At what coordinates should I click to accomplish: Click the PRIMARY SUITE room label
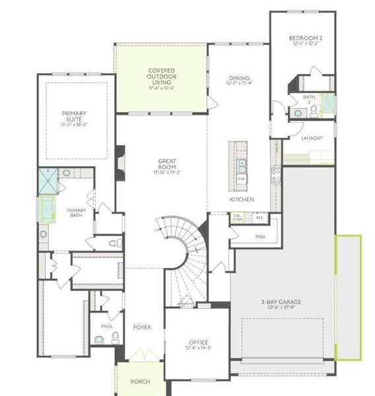click(74, 116)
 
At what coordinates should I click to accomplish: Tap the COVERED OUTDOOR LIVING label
click(161, 76)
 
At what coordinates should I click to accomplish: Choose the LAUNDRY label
click(311, 138)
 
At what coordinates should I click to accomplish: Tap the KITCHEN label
click(242, 199)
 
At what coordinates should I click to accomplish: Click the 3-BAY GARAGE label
click(281, 303)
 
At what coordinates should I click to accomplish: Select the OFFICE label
click(199, 343)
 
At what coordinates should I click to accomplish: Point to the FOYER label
click(142, 327)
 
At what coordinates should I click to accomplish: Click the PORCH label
click(140, 381)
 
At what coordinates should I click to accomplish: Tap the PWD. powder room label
click(108, 326)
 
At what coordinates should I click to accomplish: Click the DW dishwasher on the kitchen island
click(241, 179)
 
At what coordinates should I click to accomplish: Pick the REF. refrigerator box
click(259, 217)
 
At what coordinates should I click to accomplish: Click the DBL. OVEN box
click(238, 217)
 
